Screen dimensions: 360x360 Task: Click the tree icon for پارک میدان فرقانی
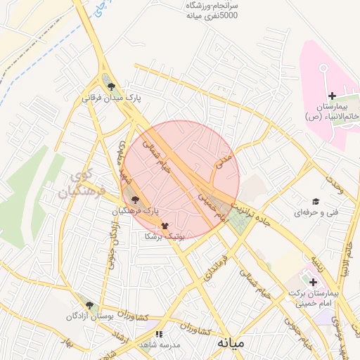[111, 86]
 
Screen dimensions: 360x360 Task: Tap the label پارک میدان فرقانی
[112, 98]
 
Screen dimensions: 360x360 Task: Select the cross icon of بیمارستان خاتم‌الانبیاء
[332, 95]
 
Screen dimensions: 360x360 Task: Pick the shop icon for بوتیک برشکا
[165, 226]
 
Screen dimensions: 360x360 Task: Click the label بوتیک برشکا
[164, 237]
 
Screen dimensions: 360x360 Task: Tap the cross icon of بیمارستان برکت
[313, 281]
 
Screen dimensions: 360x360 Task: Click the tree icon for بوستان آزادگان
[89, 305]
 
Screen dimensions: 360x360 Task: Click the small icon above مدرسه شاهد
[159, 334]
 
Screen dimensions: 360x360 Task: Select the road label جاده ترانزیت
[263, 214]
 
